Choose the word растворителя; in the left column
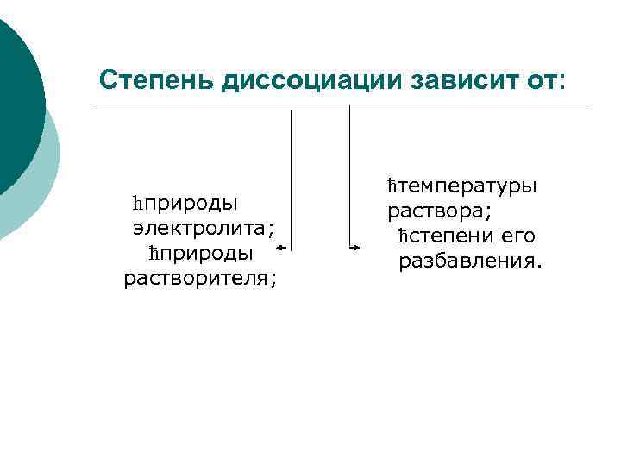click(x=200, y=278)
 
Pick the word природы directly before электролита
click(x=191, y=203)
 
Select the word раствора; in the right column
click(x=428, y=211)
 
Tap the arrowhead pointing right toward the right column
click(x=356, y=249)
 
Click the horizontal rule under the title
click(x=345, y=105)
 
